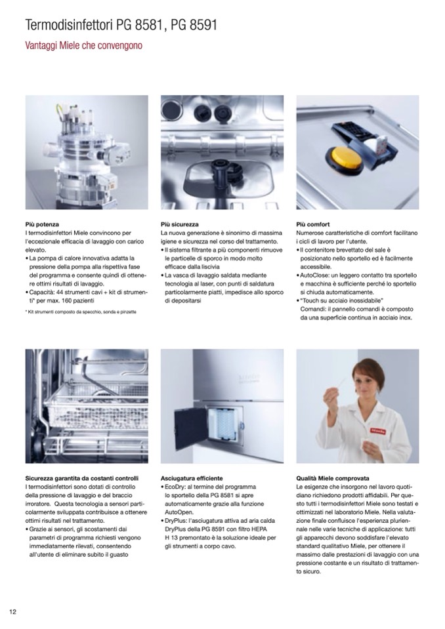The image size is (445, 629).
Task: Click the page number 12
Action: point(13,612)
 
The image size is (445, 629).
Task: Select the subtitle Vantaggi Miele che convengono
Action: point(83,45)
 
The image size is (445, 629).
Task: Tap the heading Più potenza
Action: point(42,224)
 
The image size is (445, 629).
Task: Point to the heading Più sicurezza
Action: point(179,224)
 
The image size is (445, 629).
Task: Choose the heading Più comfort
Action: point(313,224)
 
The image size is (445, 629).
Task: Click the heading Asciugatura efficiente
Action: point(192,478)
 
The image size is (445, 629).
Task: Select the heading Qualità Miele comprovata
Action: point(333,478)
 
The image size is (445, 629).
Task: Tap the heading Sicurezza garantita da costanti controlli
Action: point(82,478)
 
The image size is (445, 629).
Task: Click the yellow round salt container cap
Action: point(345,158)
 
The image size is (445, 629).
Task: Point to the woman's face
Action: point(366,380)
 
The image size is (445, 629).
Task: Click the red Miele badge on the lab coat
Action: point(377,431)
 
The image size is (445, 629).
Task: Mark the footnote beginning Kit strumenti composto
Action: point(81,312)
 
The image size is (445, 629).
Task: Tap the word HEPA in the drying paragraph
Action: point(259,529)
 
